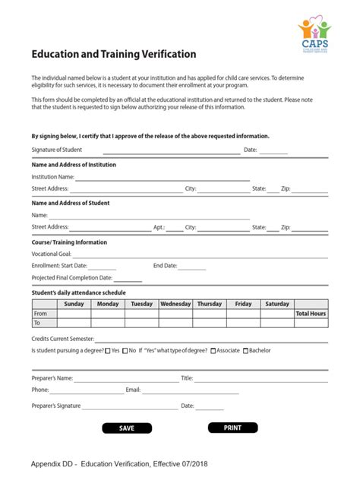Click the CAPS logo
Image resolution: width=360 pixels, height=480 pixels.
pos(314,34)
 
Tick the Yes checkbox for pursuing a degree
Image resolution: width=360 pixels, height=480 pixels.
pos(107,351)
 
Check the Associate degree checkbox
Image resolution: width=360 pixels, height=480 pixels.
pos(213,351)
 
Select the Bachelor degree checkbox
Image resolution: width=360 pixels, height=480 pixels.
pos(245,351)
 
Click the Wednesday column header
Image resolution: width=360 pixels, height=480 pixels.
pos(175,304)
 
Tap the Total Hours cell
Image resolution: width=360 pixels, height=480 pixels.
pos(311,313)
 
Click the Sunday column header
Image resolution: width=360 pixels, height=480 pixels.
pos(74,304)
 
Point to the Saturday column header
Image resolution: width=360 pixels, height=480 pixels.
pos(277,304)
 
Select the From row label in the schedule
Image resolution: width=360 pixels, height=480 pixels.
pos(41,313)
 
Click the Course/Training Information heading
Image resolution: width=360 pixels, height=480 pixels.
pos(69,242)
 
